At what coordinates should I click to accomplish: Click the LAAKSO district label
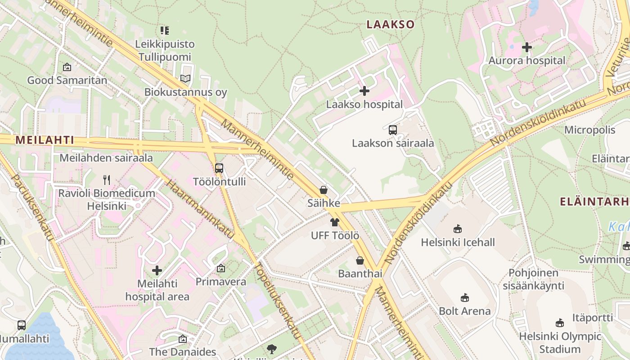point(390,24)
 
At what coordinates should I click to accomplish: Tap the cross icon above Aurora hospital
point(526,47)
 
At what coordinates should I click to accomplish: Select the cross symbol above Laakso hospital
point(364,91)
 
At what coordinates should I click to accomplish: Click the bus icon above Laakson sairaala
point(392,130)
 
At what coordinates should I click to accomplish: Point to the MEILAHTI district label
point(45,140)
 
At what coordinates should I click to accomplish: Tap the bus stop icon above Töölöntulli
point(219,169)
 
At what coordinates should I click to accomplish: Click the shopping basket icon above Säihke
point(323,190)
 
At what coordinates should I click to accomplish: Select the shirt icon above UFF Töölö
point(334,222)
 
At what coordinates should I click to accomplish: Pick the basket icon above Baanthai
point(360,261)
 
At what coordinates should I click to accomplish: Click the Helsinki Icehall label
point(458,243)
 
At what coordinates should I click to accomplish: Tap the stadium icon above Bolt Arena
point(465,298)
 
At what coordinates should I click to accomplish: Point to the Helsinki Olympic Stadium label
point(560,343)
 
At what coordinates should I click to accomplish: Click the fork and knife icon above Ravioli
point(107,180)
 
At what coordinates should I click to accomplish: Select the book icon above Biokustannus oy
point(185,79)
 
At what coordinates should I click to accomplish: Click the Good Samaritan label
point(67,81)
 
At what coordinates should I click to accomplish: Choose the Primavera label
point(220,282)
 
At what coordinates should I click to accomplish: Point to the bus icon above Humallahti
point(21,325)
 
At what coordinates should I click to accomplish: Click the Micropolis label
point(589,130)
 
